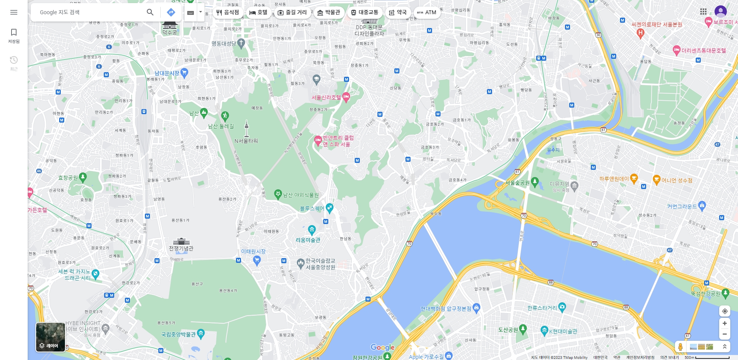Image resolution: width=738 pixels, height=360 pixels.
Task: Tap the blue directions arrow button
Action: point(171,12)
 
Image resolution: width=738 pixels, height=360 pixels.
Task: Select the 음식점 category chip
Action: point(228,12)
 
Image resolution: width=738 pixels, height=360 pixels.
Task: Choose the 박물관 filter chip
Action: point(329,12)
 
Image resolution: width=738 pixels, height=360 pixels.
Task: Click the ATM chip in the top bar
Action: point(427,12)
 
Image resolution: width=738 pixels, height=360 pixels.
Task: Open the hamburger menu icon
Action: point(14,12)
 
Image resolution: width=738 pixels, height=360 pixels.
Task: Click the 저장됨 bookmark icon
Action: point(14,32)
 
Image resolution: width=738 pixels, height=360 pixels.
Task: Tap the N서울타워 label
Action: point(246,141)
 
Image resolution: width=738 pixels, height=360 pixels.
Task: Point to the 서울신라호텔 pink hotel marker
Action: point(346,97)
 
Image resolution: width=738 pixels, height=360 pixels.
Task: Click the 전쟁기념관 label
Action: point(181,248)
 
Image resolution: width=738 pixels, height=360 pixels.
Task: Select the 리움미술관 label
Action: point(307,240)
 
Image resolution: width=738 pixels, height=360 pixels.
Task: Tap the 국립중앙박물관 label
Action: point(178,334)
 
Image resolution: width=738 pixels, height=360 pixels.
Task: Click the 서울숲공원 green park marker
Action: point(535,181)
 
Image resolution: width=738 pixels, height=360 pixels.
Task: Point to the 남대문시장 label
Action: point(167,73)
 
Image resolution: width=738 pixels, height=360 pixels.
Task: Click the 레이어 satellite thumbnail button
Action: point(50,337)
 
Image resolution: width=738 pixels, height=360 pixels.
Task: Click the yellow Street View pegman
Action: point(680,347)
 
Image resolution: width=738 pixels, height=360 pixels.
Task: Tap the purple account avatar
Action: point(720,12)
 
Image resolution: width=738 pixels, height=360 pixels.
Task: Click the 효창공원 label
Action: point(68,178)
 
